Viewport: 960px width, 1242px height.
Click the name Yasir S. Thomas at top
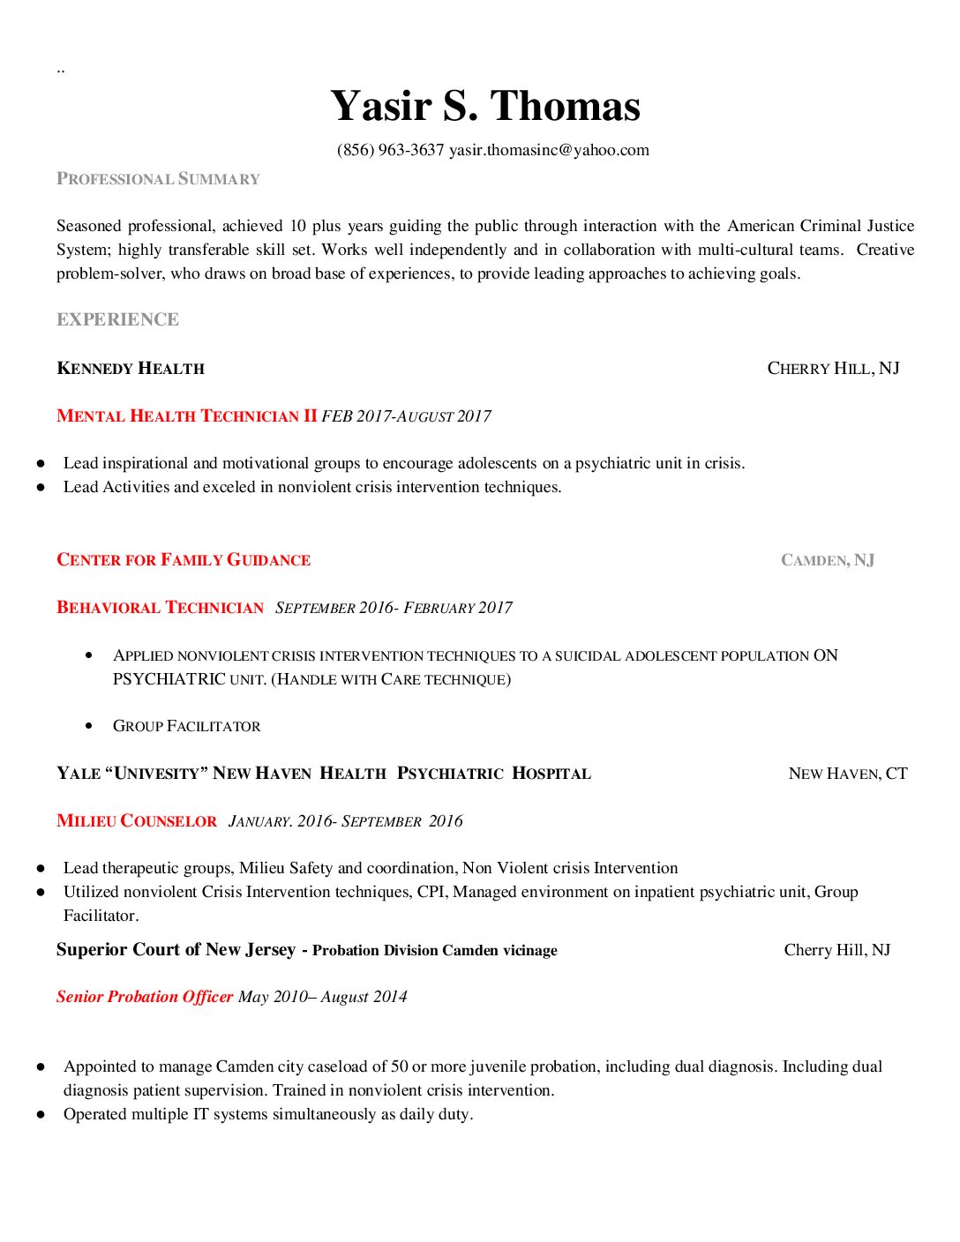tap(485, 107)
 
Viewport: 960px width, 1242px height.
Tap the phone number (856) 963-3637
tap(390, 150)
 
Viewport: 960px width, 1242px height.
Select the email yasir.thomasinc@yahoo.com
tap(549, 150)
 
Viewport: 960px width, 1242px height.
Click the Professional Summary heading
tap(158, 179)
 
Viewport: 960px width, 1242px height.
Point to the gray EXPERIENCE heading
tap(117, 319)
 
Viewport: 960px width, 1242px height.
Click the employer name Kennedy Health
tap(131, 369)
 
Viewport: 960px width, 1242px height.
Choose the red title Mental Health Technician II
tap(186, 416)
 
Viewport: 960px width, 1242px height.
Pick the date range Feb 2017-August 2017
tap(406, 416)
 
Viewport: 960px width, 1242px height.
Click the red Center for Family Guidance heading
tap(184, 560)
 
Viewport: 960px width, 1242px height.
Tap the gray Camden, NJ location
tap(828, 560)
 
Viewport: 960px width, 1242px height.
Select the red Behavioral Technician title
tap(160, 608)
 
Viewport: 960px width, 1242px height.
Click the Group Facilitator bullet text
tap(186, 726)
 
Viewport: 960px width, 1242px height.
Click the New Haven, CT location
tap(847, 774)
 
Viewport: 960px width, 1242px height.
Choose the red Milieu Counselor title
tap(137, 821)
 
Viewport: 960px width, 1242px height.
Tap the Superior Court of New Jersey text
tap(176, 950)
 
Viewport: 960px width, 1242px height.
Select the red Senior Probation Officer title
tap(145, 997)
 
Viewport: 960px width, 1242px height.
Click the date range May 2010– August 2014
tap(323, 997)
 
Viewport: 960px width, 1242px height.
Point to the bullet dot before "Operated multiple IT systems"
tap(41, 1115)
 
